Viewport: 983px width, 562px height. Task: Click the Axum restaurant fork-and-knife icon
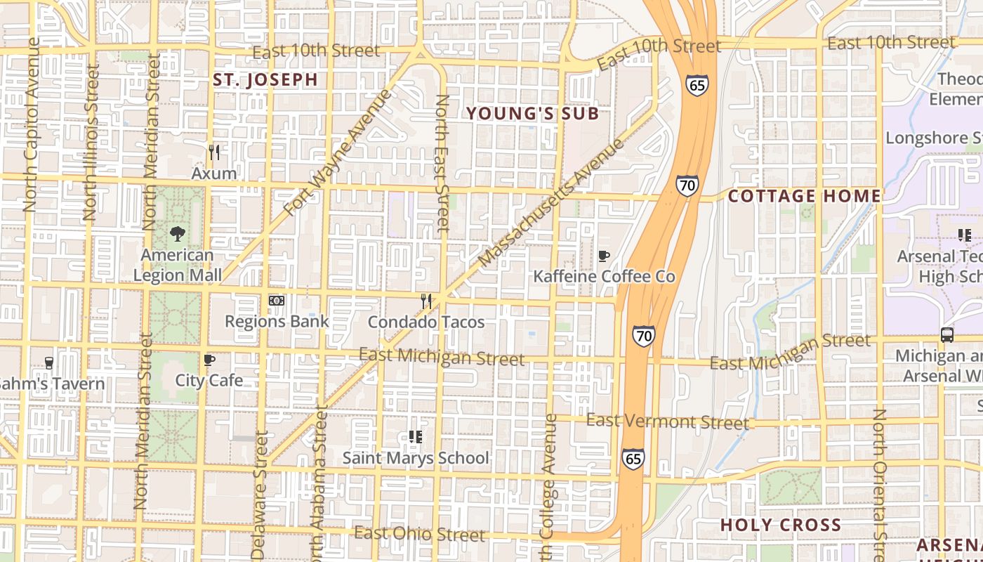(214, 152)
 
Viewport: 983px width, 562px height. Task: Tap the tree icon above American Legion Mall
(178, 234)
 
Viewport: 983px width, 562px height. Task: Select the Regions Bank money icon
(277, 301)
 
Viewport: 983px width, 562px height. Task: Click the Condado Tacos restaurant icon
(426, 301)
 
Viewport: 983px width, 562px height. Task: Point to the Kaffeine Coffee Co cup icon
(603, 256)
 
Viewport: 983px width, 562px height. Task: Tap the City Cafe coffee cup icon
(209, 360)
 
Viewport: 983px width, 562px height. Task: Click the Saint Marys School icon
(415, 437)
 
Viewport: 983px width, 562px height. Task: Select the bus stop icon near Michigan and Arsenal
(947, 335)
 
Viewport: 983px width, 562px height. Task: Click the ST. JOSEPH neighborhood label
(265, 80)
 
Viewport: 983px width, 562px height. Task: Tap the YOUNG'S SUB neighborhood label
(532, 113)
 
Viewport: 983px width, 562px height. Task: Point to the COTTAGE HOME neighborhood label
(804, 196)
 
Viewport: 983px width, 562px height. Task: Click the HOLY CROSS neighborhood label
(781, 525)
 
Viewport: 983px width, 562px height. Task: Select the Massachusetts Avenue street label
(551, 203)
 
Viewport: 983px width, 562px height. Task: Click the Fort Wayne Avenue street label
(338, 152)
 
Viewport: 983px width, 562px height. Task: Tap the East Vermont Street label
(667, 421)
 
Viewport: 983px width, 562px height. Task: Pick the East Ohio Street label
(419, 534)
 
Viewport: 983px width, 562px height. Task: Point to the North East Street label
(442, 163)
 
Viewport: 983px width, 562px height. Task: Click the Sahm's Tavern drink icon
(48, 362)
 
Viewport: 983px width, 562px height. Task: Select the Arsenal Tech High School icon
(965, 235)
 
